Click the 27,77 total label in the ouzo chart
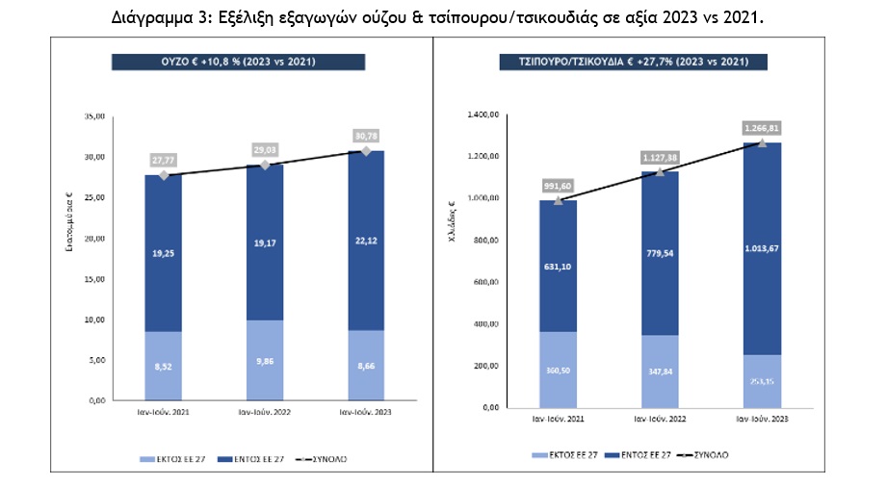click(x=164, y=160)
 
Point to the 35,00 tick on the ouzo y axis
click(x=93, y=116)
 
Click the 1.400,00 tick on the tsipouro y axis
click(x=483, y=115)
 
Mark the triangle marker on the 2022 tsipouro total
click(x=659, y=171)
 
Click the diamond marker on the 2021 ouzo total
click(x=164, y=175)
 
